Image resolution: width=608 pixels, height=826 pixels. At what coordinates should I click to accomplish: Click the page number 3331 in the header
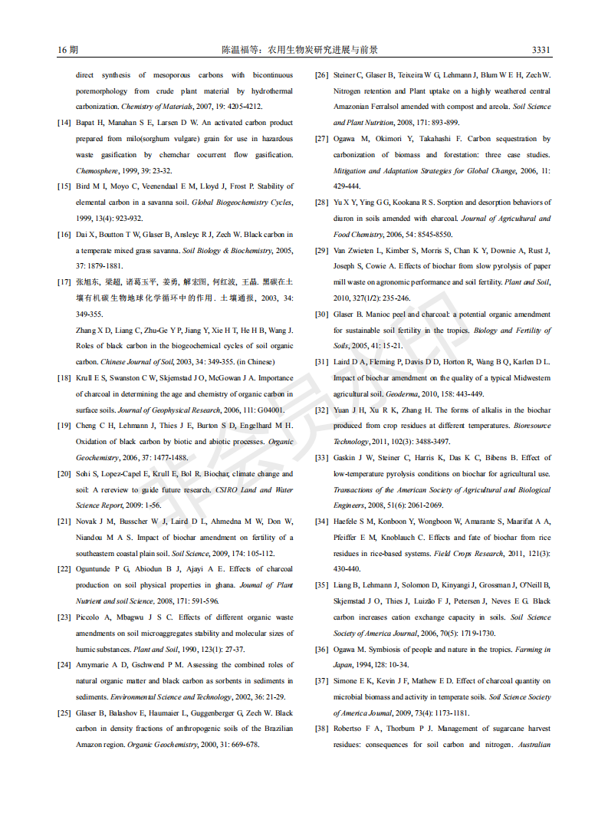click(541, 50)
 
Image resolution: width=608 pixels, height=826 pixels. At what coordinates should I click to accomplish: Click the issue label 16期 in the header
click(67, 50)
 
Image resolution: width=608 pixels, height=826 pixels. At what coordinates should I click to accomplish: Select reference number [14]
click(64, 123)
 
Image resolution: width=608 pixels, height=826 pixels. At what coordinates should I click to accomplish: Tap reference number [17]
click(64, 282)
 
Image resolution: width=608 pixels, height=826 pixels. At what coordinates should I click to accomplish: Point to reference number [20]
click(64, 474)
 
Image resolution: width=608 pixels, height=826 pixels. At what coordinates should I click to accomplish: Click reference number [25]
click(64, 713)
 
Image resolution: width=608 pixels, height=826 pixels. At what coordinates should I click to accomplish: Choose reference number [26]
click(322, 75)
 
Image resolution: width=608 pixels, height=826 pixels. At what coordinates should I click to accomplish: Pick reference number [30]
click(322, 314)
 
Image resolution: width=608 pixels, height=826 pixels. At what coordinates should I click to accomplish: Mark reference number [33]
click(322, 458)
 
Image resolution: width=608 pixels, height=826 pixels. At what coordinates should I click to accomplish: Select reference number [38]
click(322, 729)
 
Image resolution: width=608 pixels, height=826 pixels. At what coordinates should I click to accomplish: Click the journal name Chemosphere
click(97, 171)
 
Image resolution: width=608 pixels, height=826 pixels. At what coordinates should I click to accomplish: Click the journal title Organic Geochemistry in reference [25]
click(159, 745)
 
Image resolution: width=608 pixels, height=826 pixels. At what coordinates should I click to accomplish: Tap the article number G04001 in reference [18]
click(279, 410)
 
